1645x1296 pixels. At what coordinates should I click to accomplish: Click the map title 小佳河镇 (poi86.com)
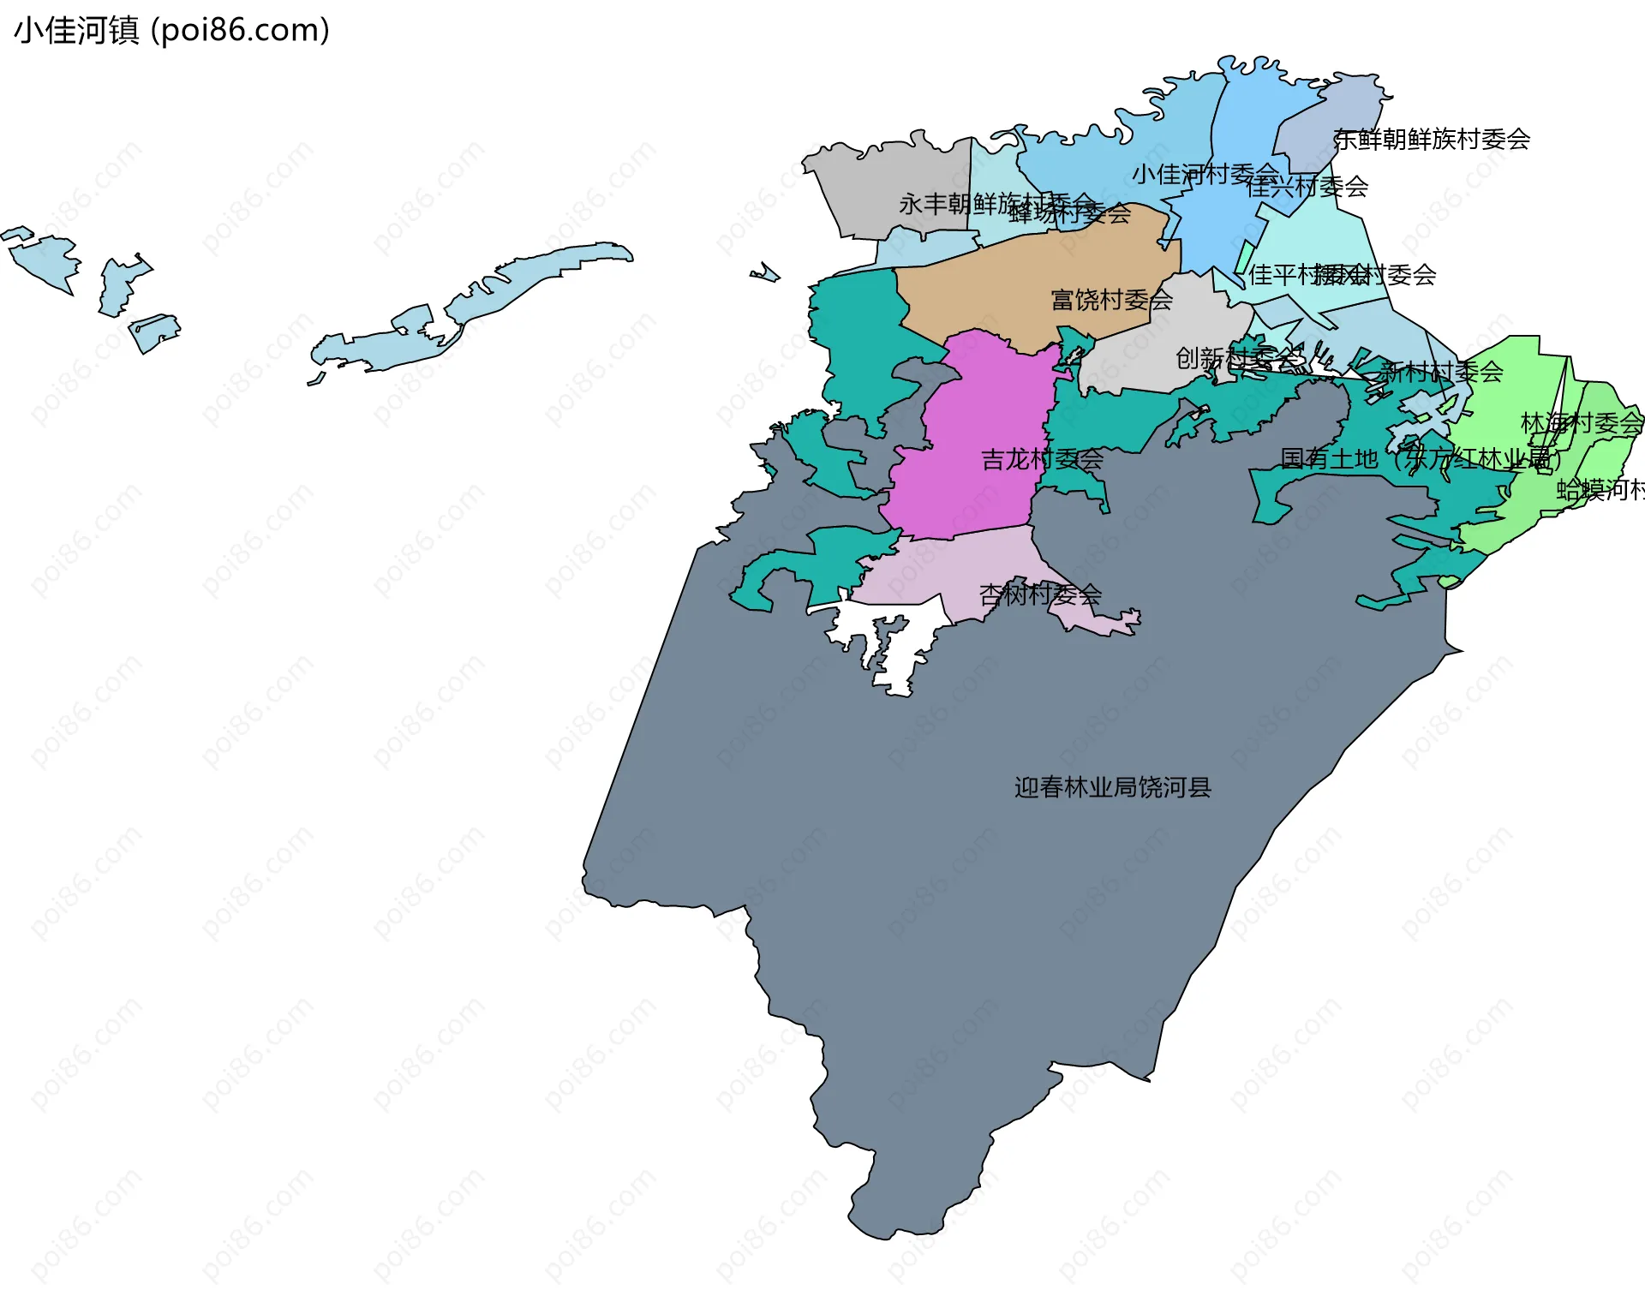171,31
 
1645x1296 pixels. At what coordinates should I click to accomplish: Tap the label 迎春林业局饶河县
1112,787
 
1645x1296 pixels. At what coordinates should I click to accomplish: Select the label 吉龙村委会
1042,460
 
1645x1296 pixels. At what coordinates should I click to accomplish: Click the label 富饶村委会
1111,300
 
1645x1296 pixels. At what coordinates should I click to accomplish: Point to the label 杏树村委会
1040,594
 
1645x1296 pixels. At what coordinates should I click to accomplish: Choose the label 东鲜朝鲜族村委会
1432,139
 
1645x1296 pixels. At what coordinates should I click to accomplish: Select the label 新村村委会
1441,372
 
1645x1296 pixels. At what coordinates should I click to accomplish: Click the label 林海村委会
1581,423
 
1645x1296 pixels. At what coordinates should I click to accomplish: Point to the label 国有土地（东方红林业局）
1419,459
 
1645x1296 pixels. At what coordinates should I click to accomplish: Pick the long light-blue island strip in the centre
480,300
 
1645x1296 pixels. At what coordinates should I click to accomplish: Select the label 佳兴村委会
1307,187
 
